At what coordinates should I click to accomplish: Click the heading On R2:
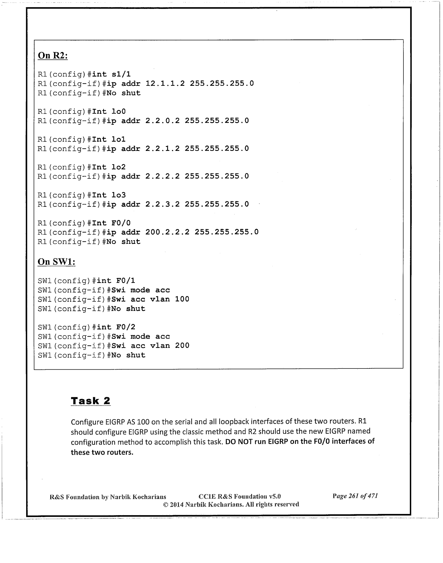pyautogui.click(x=53, y=56)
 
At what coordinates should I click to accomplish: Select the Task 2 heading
pyautogui.click(x=91, y=401)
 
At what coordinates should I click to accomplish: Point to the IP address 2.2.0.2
pyautogui.click(x=162, y=121)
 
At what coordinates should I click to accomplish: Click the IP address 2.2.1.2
pyautogui.click(x=162, y=148)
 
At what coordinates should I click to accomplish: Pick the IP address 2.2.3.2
pyautogui.click(x=162, y=204)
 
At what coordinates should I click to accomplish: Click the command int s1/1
pyautogui.click(x=111, y=74)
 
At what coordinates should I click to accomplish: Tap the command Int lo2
pyautogui.click(x=109, y=167)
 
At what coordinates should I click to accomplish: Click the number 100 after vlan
pyautogui.click(x=182, y=299)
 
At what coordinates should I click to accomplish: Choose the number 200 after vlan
pyautogui.click(x=182, y=346)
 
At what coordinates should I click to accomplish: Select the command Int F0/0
pyautogui.click(x=111, y=223)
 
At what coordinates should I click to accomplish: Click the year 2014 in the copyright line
pyautogui.click(x=177, y=504)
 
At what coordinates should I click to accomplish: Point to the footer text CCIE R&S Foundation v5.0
pyautogui.click(x=239, y=496)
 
